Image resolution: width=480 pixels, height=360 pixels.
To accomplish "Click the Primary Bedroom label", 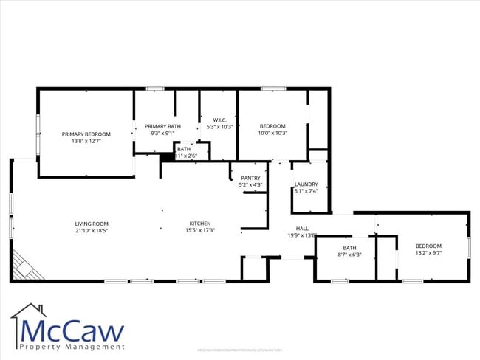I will tap(86, 134).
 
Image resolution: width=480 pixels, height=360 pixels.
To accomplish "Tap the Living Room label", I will tap(92, 224).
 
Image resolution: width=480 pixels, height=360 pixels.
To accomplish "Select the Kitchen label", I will tap(200, 224).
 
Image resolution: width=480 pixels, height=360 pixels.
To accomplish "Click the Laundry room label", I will tap(306, 184).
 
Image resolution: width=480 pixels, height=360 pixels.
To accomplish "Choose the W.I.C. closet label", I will tap(219, 120).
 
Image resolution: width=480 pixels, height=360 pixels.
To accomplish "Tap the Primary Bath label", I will tap(162, 126).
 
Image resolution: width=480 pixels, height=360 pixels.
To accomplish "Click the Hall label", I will tap(302, 229).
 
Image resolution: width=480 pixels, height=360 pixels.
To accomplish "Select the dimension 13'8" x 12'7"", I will tap(86, 141).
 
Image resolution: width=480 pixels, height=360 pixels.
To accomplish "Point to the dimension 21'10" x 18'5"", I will tap(92, 231).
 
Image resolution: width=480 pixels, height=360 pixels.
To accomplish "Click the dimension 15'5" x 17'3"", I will tap(200, 231).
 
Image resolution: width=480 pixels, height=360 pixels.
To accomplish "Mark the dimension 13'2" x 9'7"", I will tap(428, 253).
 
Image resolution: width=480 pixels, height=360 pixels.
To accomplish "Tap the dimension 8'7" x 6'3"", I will tap(350, 255).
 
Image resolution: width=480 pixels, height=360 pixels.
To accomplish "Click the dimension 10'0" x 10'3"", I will tap(272, 133).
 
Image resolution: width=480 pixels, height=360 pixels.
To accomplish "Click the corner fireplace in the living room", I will tap(24, 266).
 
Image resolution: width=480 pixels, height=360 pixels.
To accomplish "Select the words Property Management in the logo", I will tap(72, 347).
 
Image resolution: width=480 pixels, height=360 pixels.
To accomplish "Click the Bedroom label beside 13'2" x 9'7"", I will tap(428, 246).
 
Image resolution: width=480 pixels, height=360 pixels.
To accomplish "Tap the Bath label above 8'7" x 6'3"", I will tap(350, 248).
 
